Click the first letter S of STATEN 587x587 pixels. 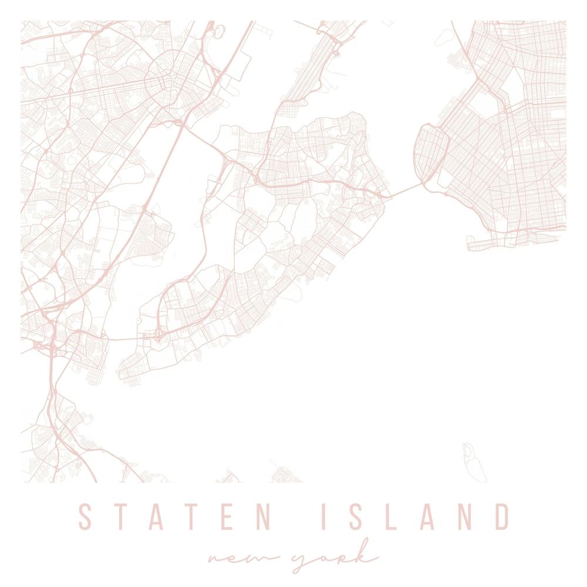(86, 517)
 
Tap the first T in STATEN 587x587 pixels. (122, 517)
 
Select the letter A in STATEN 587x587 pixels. (158, 517)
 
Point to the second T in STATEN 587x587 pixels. (195, 517)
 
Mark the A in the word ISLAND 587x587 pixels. (424, 517)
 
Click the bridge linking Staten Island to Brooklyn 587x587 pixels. (405, 190)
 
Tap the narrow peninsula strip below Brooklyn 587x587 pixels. (511, 241)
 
